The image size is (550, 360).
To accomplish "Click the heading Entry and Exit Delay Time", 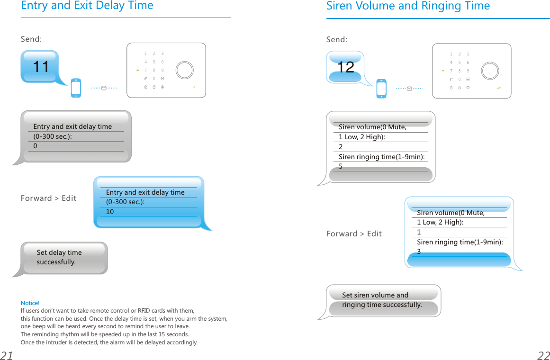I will pos(87,6).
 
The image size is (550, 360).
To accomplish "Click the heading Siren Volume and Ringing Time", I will pos(408,6).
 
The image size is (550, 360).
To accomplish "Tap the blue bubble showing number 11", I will pos(41,67).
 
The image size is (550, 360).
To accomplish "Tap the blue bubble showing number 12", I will pos(346,67).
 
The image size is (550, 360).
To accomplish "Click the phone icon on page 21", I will pos(76,88).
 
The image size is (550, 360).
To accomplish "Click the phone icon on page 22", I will pos(381,89).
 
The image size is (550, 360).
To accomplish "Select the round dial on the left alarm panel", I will pos(184,70).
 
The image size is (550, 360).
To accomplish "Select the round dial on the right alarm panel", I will pos(490,71).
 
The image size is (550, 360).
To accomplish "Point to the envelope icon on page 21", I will pos(104,88).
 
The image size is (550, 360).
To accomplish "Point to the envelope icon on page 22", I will pos(409,89).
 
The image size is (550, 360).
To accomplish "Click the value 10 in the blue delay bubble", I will pos(110,212).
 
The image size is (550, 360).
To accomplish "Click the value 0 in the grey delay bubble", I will pos(36,146).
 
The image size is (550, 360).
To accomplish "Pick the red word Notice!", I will pos(30,303).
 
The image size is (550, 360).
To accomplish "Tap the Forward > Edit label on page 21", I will pos(48,198).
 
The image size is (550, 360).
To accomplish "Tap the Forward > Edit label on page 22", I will pos(354,234).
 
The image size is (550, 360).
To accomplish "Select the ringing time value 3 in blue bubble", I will pos(419,252).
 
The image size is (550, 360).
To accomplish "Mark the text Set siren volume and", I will pos(375,295).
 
